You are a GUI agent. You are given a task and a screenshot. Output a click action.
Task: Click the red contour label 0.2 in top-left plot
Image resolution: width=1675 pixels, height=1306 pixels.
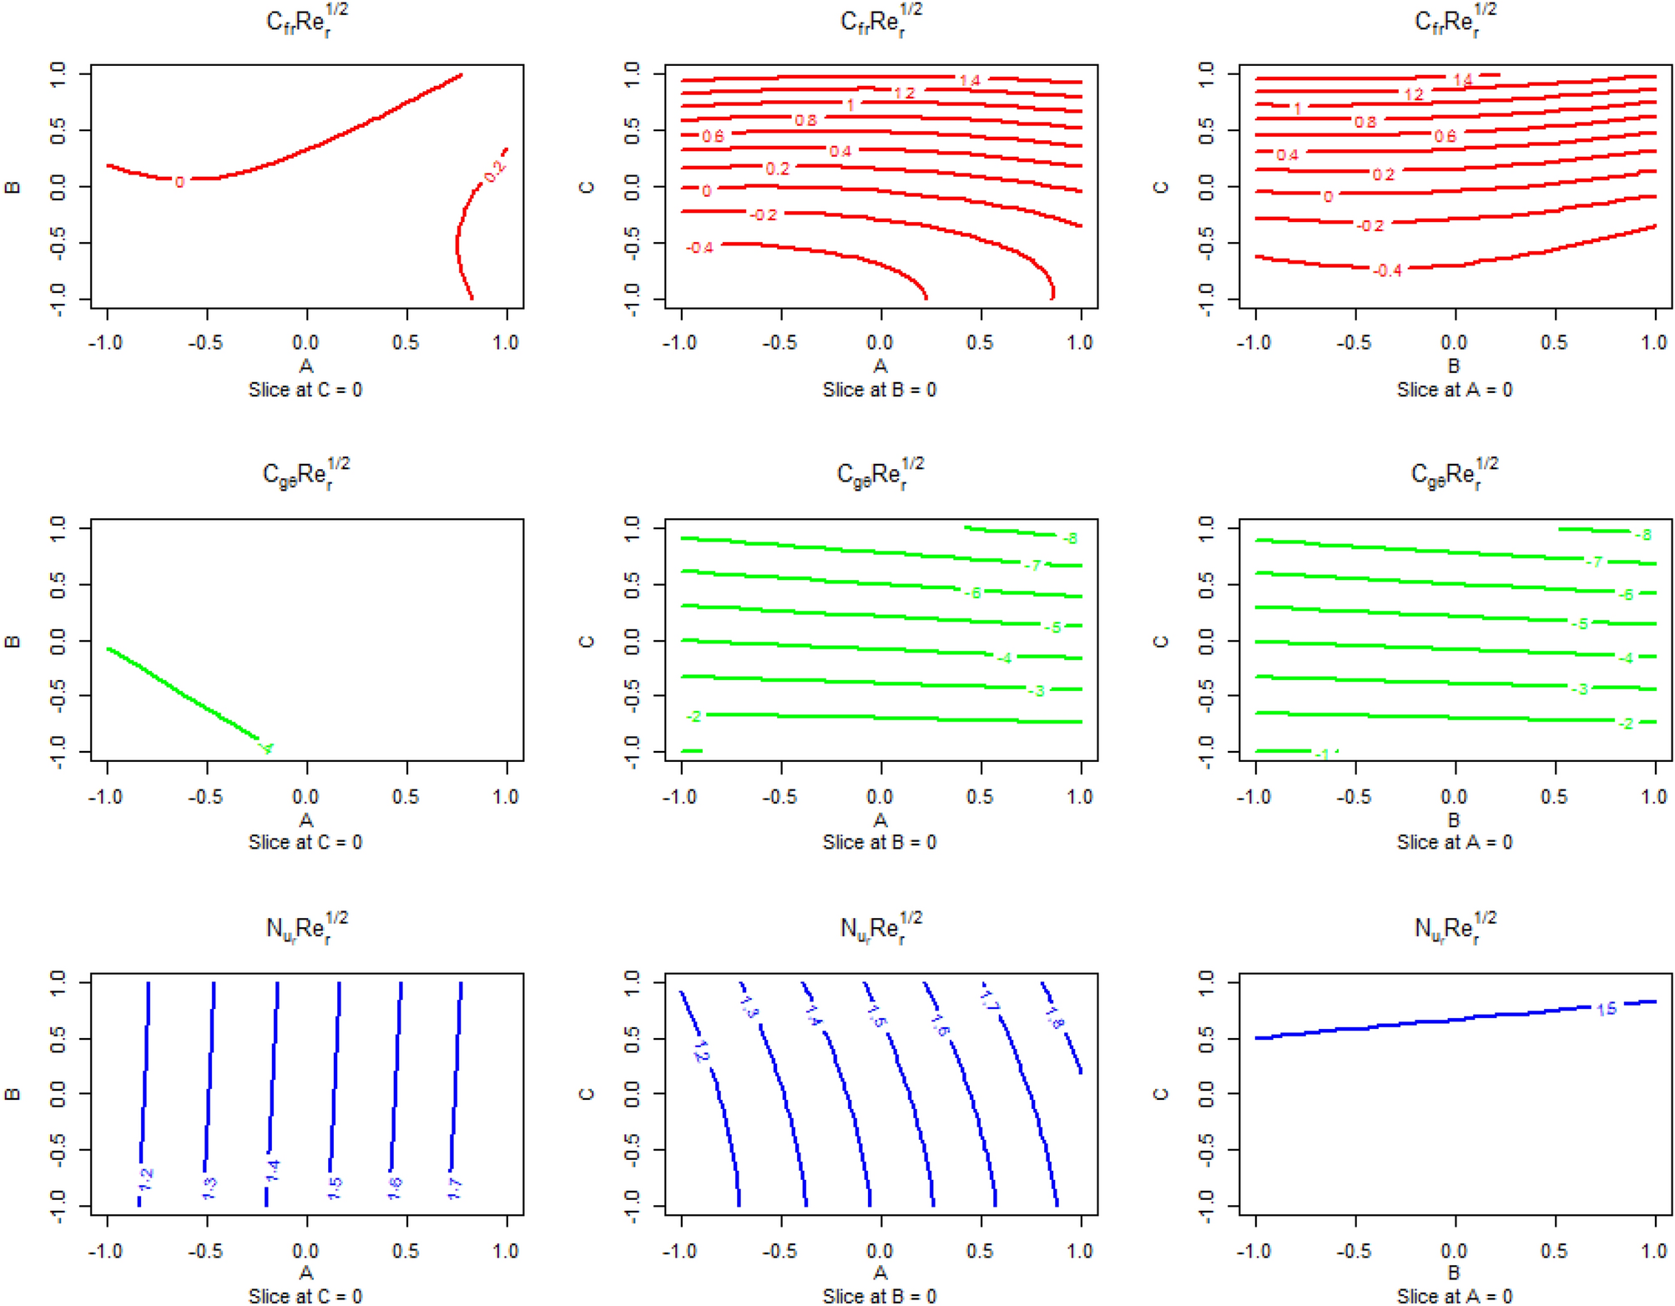(x=494, y=171)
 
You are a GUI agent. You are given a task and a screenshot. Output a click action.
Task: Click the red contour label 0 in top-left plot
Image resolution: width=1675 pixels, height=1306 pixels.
(x=179, y=182)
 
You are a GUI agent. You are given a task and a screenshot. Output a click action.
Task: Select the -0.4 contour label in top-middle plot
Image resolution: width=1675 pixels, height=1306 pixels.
(x=699, y=248)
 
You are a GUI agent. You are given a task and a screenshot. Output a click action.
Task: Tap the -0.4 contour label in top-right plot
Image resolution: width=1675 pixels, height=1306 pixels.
(x=1388, y=270)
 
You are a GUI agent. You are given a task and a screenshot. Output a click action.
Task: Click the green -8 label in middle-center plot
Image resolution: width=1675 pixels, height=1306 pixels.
(x=1070, y=538)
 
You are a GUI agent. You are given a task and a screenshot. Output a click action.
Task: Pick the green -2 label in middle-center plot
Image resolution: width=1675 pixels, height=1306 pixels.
(x=694, y=716)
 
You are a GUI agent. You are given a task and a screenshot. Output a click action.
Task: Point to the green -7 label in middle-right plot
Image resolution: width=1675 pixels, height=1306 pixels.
(x=1594, y=562)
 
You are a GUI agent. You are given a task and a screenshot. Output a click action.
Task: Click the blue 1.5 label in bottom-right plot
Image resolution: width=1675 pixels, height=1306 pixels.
(x=1606, y=1009)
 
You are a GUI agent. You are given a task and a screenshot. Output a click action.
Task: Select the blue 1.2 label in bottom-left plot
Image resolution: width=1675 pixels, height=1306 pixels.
(x=146, y=1179)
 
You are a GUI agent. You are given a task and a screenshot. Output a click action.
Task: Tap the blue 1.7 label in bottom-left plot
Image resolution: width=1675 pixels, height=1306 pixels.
(x=455, y=1188)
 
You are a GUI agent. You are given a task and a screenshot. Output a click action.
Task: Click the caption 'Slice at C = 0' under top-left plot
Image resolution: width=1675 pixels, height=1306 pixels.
(x=305, y=390)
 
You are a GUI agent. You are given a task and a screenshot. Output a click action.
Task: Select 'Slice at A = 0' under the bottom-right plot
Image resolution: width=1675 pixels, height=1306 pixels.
(x=1454, y=1295)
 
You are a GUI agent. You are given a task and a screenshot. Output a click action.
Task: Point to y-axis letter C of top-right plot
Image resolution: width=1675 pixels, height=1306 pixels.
(x=1160, y=187)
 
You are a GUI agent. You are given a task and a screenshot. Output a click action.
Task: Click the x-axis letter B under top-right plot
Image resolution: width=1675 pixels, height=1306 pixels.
(x=1454, y=366)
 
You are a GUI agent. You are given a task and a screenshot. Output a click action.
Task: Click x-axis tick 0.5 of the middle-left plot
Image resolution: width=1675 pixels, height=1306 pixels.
(x=406, y=797)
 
